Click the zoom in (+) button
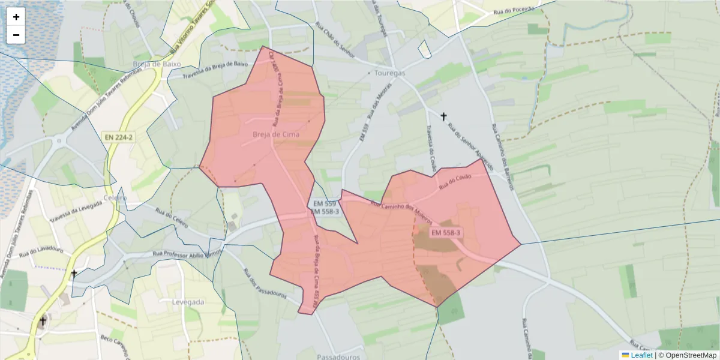16,17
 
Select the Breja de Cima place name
276,134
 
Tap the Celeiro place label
115,198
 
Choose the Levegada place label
188,302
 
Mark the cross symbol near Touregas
443,116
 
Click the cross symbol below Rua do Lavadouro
74,274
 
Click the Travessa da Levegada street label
76,211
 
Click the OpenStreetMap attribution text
691,355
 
